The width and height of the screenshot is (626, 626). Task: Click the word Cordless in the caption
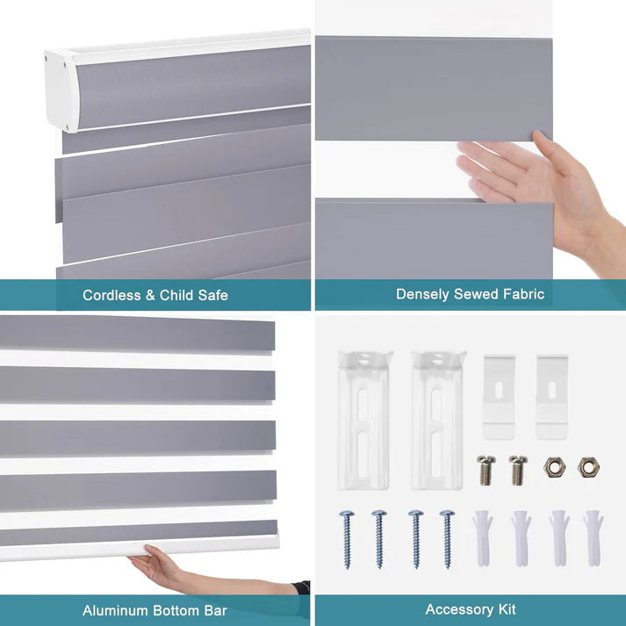112,295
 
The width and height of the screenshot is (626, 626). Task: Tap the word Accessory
457,608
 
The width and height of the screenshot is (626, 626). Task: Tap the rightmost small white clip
553,396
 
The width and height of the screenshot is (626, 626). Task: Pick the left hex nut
554,466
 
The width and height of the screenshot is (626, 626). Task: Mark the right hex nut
587,466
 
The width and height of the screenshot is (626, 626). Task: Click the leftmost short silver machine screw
485,469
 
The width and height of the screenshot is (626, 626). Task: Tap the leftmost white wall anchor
484,536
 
